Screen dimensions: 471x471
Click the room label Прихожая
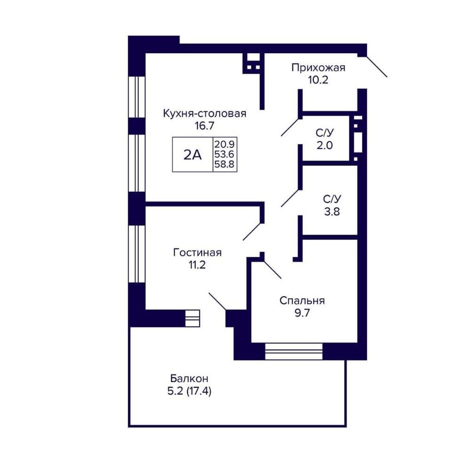[318, 67]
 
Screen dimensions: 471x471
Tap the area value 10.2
[318, 80]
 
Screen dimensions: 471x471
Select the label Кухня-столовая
[204, 114]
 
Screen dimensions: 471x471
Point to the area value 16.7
[204, 126]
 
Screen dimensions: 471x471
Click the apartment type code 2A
[193, 155]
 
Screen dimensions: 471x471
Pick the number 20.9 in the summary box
[224, 144]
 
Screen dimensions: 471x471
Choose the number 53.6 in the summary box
[224, 154]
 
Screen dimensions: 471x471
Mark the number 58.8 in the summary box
[224, 164]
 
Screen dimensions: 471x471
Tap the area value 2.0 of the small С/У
[325, 146]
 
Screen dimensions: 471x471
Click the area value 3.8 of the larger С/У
[332, 212]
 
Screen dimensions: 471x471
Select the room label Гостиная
[197, 252]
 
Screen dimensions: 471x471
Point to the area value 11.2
[197, 265]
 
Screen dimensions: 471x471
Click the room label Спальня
[302, 300]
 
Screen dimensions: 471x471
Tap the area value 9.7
[302, 313]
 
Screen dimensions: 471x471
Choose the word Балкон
[189, 378]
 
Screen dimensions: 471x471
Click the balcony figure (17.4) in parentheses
[199, 391]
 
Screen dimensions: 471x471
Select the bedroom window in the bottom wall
[294, 351]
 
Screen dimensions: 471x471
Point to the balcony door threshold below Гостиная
[192, 318]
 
